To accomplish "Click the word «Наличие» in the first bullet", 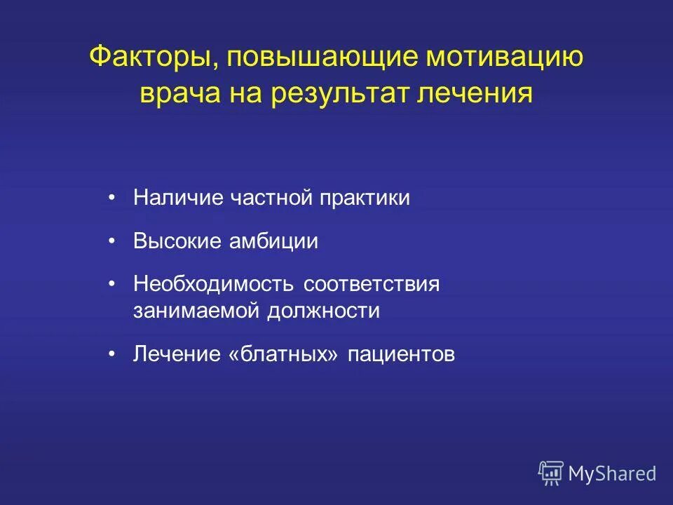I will pos(178,198).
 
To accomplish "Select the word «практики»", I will pos(364,198).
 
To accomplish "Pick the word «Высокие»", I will pos(177,242).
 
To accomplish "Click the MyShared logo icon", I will pos(550,473).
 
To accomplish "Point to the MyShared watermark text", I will pos(612,474).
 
